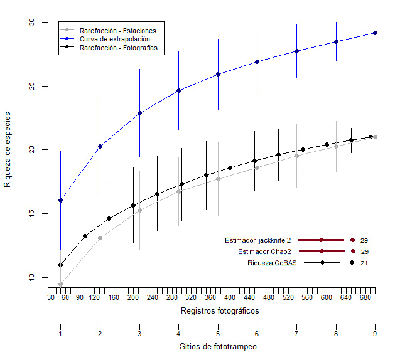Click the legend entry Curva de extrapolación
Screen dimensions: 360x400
click(x=110, y=38)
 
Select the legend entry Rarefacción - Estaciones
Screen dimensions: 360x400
click(x=117, y=30)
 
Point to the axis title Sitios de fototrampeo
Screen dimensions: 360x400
click(x=218, y=346)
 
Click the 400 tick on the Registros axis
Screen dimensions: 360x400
click(x=230, y=298)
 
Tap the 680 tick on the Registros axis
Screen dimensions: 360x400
click(x=365, y=298)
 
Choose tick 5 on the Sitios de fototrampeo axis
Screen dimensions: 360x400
click(x=218, y=334)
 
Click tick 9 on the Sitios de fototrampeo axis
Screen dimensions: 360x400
click(x=375, y=334)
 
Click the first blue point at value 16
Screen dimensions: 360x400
click(x=60, y=201)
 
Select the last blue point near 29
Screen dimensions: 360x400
click(x=375, y=33)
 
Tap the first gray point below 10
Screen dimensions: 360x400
click(x=60, y=285)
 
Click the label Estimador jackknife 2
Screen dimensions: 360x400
click(x=258, y=240)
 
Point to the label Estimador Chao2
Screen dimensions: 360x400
click(x=264, y=251)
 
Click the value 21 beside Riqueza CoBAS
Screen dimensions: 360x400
click(x=364, y=263)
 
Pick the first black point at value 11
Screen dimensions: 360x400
click(x=60, y=265)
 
